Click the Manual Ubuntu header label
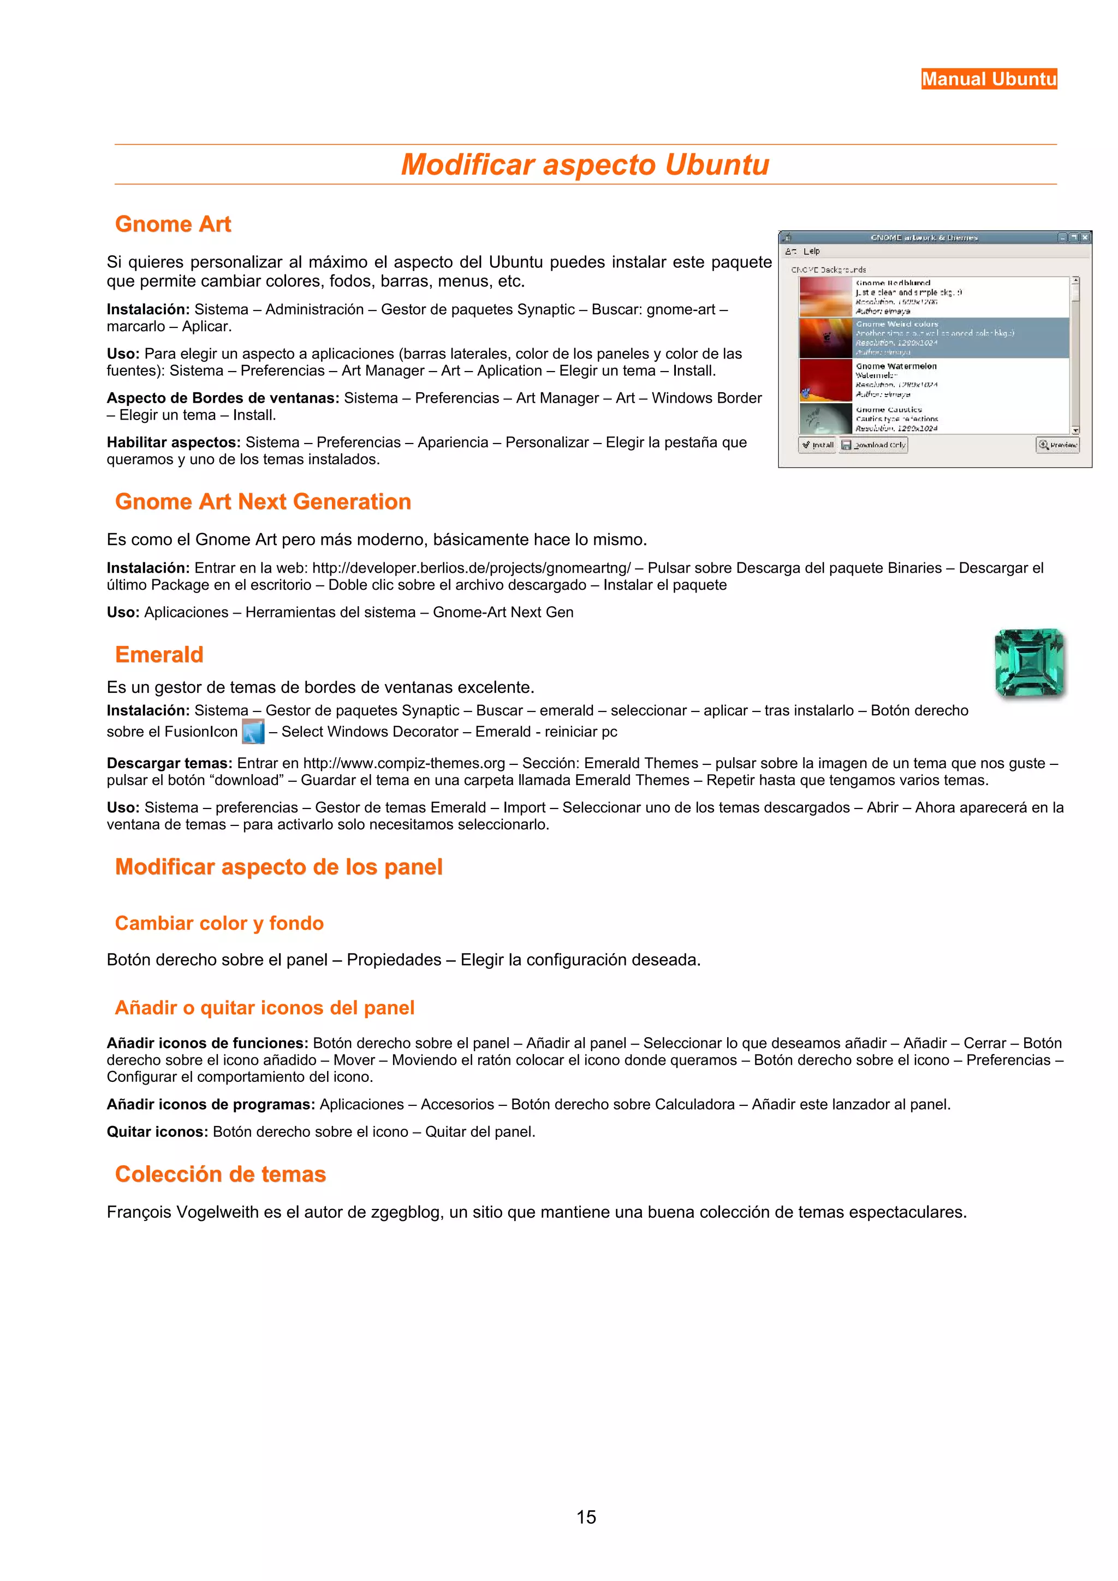click(989, 79)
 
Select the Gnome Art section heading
click(173, 224)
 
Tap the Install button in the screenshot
click(817, 445)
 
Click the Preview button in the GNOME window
click(1057, 445)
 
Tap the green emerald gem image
click(1029, 662)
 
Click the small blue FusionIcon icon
click(253, 731)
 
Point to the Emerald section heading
click(159, 654)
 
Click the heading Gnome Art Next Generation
click(263, 501)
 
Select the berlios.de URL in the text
click(471, 568)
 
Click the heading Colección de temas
click(221, 1174)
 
